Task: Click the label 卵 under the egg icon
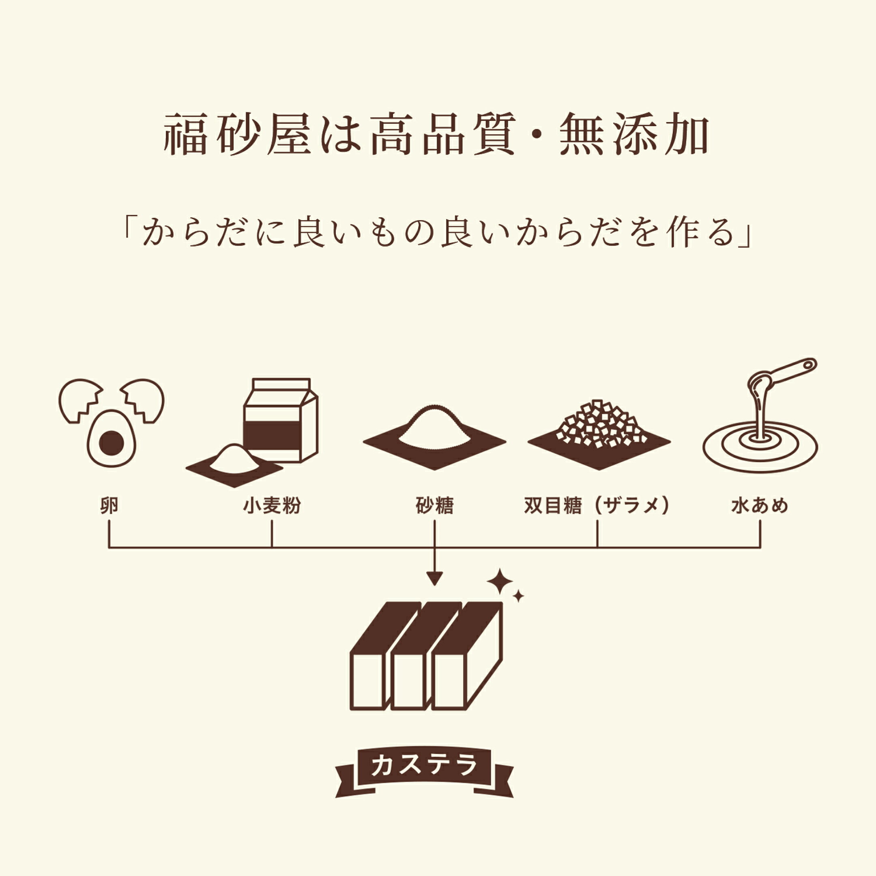point(109,506)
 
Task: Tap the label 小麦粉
point(272,506)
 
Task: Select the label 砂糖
point(434,506)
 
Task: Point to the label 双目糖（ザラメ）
point(597,506)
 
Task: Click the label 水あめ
point(760,506)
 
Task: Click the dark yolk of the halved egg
point(112,443)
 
